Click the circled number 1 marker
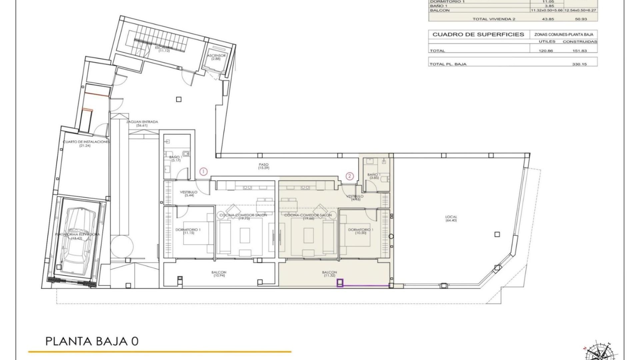203,172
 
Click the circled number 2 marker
349,176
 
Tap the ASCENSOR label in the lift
216,57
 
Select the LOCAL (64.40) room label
451,219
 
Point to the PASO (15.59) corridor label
263,166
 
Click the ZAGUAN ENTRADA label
142,124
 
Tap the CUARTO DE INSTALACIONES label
86,143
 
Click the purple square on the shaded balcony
340,283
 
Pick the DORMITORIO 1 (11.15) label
188,231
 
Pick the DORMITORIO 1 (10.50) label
361,231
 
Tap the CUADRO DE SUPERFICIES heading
478,34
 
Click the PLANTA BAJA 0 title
92,341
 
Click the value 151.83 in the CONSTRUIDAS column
579,51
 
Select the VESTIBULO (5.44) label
189,194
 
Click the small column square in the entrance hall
179,99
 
